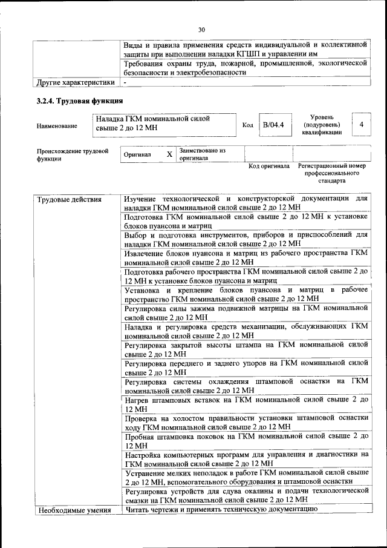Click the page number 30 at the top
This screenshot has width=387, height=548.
coord(201,29)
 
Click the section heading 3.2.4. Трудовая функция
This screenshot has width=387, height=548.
coord(80,101)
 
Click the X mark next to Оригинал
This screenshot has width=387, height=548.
coord(169,154)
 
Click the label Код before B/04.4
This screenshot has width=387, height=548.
coord(247,125)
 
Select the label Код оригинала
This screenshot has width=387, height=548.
coord(269,166)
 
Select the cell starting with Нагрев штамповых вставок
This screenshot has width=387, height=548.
coord(246,404)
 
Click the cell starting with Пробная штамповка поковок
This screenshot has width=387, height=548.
coord(246,440)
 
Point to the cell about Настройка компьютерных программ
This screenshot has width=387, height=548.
coord(246,458)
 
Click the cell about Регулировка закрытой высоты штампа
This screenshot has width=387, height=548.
coord(246,349)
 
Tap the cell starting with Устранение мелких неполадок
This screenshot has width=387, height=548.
coord(246,477)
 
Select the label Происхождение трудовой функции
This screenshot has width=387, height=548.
coord(73,154)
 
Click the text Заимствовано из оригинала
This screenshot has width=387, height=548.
coord(202,154)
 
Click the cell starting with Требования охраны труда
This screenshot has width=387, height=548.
coord(246,67)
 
